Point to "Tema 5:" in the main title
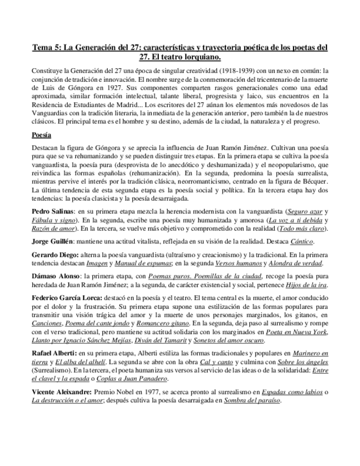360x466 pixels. click(46, 47)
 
